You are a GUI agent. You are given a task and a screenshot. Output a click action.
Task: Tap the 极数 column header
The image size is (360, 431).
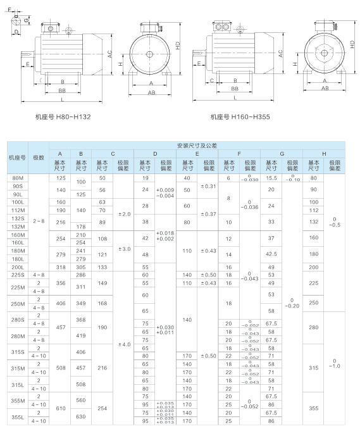[x=39, y=157]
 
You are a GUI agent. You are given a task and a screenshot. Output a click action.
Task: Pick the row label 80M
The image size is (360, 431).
[x=18, y=178]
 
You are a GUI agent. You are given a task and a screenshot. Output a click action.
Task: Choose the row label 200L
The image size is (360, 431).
[x=18, y=267]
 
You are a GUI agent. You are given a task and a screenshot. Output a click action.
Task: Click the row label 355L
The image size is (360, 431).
[x=18, y=416]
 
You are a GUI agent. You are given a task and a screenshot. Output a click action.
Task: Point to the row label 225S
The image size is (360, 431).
[x=18, y=275]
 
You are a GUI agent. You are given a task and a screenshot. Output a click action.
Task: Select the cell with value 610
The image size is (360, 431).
[x=61, y=408]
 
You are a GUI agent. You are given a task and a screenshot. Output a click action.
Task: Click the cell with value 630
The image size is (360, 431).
[x=81, y=416]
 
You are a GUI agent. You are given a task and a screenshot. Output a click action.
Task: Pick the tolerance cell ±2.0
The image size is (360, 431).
[x=123, y=214]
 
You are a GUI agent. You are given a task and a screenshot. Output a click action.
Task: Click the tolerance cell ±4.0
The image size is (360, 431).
[x=123, y=344]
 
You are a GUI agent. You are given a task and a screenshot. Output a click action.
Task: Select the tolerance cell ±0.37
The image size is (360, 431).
[x=208, y=214]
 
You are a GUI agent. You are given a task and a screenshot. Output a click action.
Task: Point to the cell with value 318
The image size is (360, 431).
[x=61, y=267]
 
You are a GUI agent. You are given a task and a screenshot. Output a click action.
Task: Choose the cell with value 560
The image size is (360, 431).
[x=81, y=400]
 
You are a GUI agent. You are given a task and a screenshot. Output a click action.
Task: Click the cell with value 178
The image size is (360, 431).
[x=81, y=227]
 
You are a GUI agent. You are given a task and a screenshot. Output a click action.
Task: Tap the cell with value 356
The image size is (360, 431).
[x=61, y=283]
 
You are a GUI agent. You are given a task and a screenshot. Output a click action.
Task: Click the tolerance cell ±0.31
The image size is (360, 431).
[x=208, y=185]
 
